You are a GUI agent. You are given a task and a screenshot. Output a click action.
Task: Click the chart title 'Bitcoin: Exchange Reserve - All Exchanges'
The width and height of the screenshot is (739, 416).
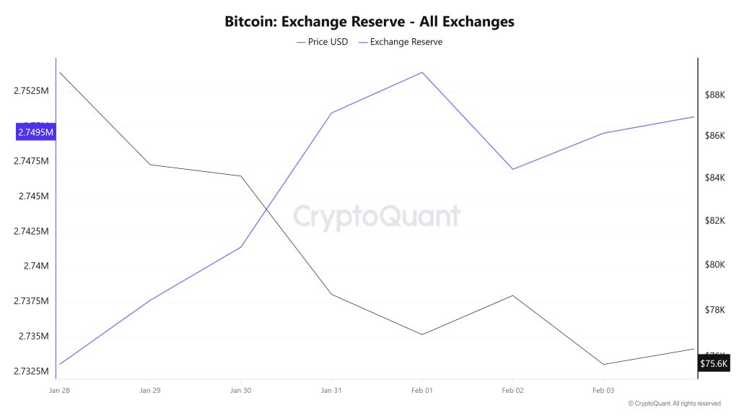point(369,21)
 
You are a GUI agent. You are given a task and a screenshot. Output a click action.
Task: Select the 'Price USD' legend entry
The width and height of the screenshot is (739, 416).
point(322,42)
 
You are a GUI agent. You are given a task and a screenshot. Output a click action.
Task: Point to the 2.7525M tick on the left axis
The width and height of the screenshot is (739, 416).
point(30,92)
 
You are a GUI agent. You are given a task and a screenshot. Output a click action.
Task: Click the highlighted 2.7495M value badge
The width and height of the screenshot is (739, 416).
point(35,132)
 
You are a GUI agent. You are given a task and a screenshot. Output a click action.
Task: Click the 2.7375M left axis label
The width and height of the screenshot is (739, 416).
point(30,301)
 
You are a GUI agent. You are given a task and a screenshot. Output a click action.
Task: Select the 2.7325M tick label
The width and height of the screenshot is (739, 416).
point(30,371)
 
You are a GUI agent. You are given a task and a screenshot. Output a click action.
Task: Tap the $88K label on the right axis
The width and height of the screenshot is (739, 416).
point(714,95)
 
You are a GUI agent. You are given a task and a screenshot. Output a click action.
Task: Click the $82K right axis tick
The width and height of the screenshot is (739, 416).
point(714,221)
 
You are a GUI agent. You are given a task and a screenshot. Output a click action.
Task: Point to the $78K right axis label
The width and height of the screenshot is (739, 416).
point(714,310)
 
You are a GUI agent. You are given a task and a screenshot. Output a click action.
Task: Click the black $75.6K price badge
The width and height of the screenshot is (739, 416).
point(714,363)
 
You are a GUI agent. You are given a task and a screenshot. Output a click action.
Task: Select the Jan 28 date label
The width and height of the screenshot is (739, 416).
point(60,390)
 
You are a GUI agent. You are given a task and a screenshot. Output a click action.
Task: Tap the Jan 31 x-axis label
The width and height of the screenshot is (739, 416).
point(331,390)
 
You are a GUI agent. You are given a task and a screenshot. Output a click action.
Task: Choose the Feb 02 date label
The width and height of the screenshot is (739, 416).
point(512,390)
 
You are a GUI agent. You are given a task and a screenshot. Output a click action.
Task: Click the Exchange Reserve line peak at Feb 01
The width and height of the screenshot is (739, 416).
point(421,72)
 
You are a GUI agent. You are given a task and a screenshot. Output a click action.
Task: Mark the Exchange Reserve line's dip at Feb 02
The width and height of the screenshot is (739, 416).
point(512,169)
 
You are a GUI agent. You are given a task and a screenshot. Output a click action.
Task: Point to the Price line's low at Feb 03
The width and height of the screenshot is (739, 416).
point(603,364)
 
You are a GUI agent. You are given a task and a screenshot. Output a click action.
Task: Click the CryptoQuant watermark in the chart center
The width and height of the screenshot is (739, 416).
point(375,216)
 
